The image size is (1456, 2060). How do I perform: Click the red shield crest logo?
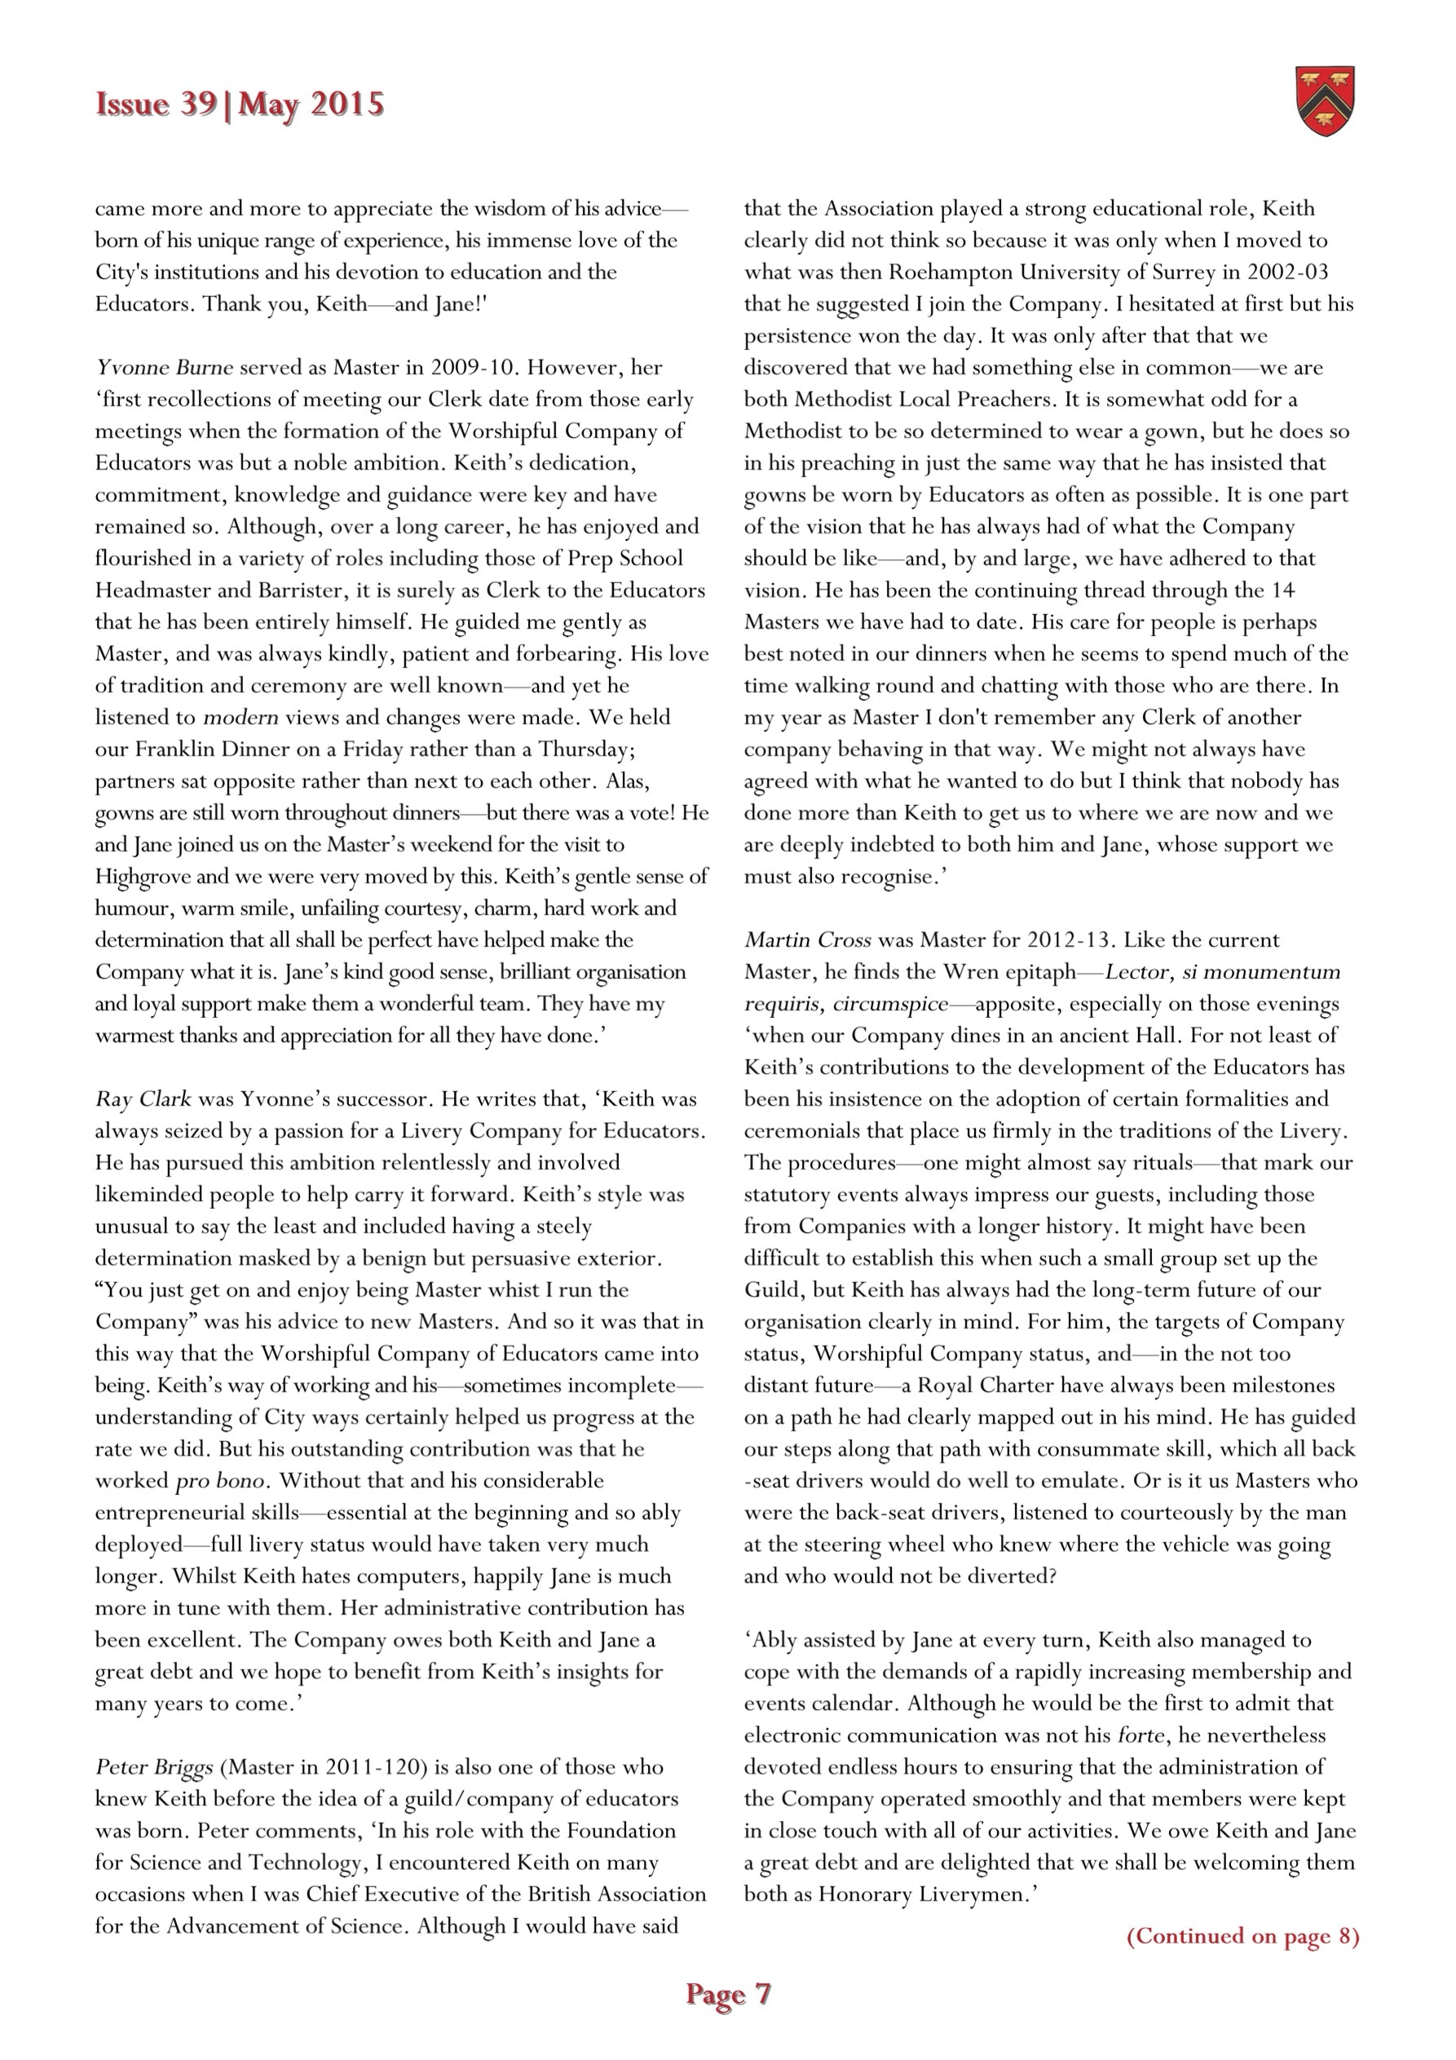(x=1325, y=100)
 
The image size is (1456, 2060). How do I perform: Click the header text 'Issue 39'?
(x=155, y=105)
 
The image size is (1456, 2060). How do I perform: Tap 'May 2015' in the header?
(x=311, y=105)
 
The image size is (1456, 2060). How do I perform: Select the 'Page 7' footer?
(x=727, y=1994)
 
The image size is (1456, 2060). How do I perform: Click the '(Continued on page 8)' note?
(x=1242, y=1935)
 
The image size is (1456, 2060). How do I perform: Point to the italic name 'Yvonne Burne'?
(x=164, y=367)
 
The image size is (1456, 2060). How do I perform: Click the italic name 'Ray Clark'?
(x=143, y=1099)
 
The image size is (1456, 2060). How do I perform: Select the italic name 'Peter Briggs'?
(x=154, y=1766)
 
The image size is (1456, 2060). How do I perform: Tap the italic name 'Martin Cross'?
(x=807, y=939)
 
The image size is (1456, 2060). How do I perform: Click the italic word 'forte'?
(x=1141, y=1735)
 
